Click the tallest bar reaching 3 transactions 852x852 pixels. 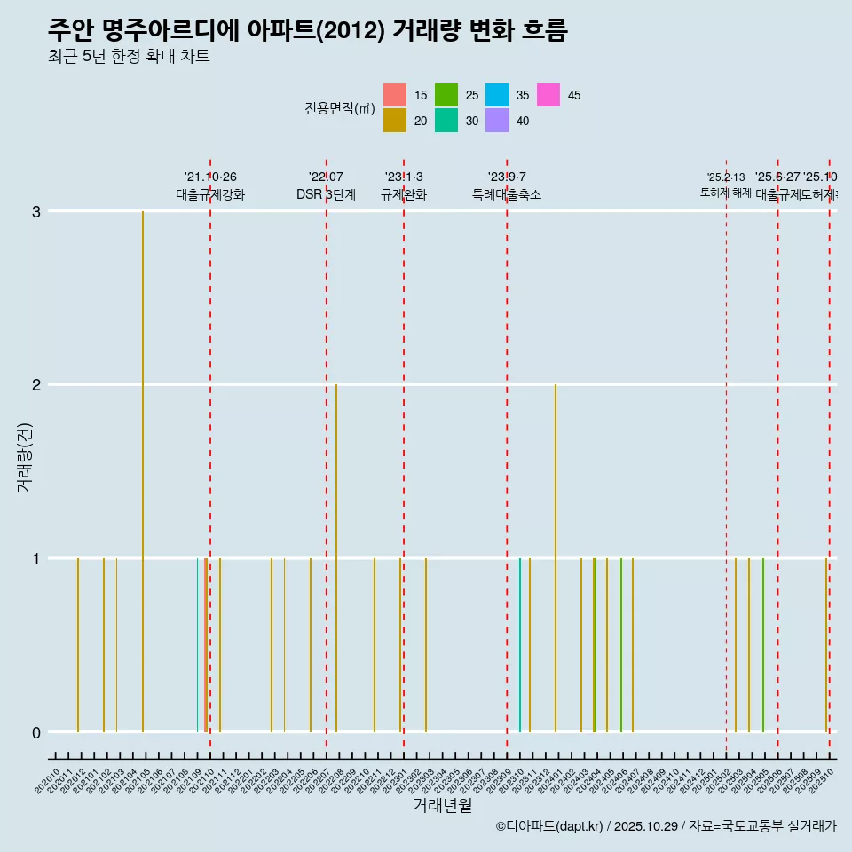pos(143,470)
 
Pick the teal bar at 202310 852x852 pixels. pos(520,644)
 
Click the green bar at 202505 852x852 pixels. pos(762,644)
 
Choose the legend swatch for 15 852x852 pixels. pos(395,95)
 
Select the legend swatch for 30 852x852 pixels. pos(446,121)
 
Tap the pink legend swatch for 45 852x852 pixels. pos(548,95)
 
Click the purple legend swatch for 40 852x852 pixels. pos(497,121)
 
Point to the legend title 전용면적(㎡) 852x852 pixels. pos(340,108)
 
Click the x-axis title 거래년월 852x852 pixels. pos(442,805)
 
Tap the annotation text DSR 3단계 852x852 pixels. pos(326,194)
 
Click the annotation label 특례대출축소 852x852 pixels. pos(507,194)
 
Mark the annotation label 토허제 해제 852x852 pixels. pos(726,193)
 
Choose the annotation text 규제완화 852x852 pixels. pos(404,194)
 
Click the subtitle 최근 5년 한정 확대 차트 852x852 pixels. pos(129,57)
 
